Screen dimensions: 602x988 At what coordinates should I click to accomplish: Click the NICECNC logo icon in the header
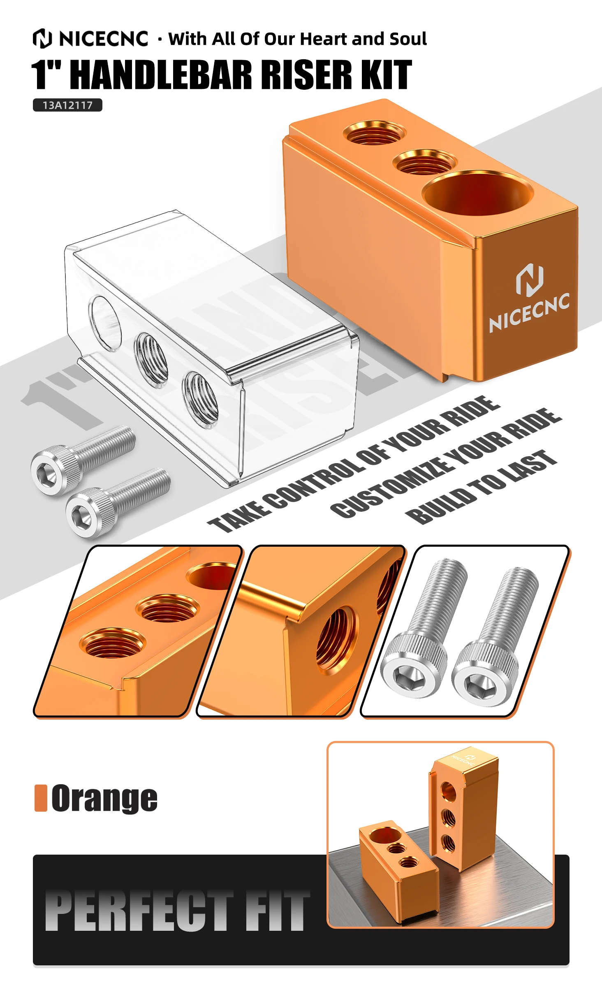tap(42, 38)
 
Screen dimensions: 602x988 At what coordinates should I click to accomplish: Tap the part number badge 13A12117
tap(67, 105)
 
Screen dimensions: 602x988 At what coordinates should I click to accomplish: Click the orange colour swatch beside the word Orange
tap(41, 798)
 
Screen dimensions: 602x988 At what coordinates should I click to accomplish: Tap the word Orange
tap(104, 799)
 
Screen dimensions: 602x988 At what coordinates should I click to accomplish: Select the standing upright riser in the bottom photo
tap(464, 809)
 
